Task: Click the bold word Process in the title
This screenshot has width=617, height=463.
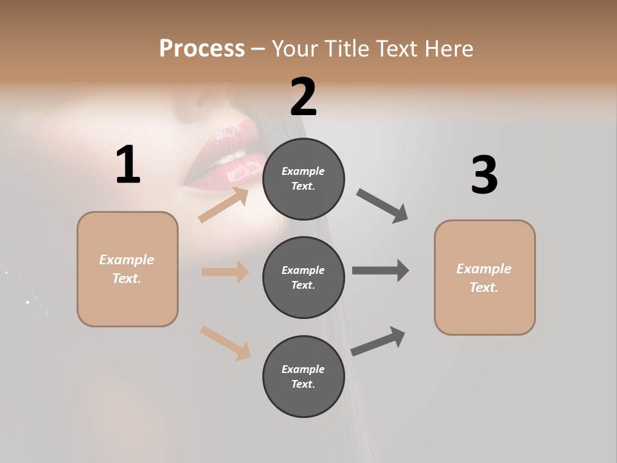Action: tap(202, 48)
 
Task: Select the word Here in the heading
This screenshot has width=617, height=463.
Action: tap(448, 48)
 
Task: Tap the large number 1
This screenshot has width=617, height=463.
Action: tap(128, 165)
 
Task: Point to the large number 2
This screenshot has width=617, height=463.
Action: tap(303, 97)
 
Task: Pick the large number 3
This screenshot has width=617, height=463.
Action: tap(484, 176)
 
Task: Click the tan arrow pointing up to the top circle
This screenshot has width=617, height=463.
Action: tap(224, 205)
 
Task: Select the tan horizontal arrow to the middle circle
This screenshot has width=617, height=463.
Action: tap(225, 272)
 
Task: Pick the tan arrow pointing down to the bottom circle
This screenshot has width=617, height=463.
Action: tap(225, 343)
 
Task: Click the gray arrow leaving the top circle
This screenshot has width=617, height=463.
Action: tap(382, 206)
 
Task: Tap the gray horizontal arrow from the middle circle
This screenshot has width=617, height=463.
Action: tap(380, 270)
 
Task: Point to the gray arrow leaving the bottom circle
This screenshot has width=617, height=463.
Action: tap(378, 341)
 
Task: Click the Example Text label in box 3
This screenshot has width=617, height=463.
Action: tap(484, 278)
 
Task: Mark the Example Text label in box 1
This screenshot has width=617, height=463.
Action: tap(127, 269)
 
